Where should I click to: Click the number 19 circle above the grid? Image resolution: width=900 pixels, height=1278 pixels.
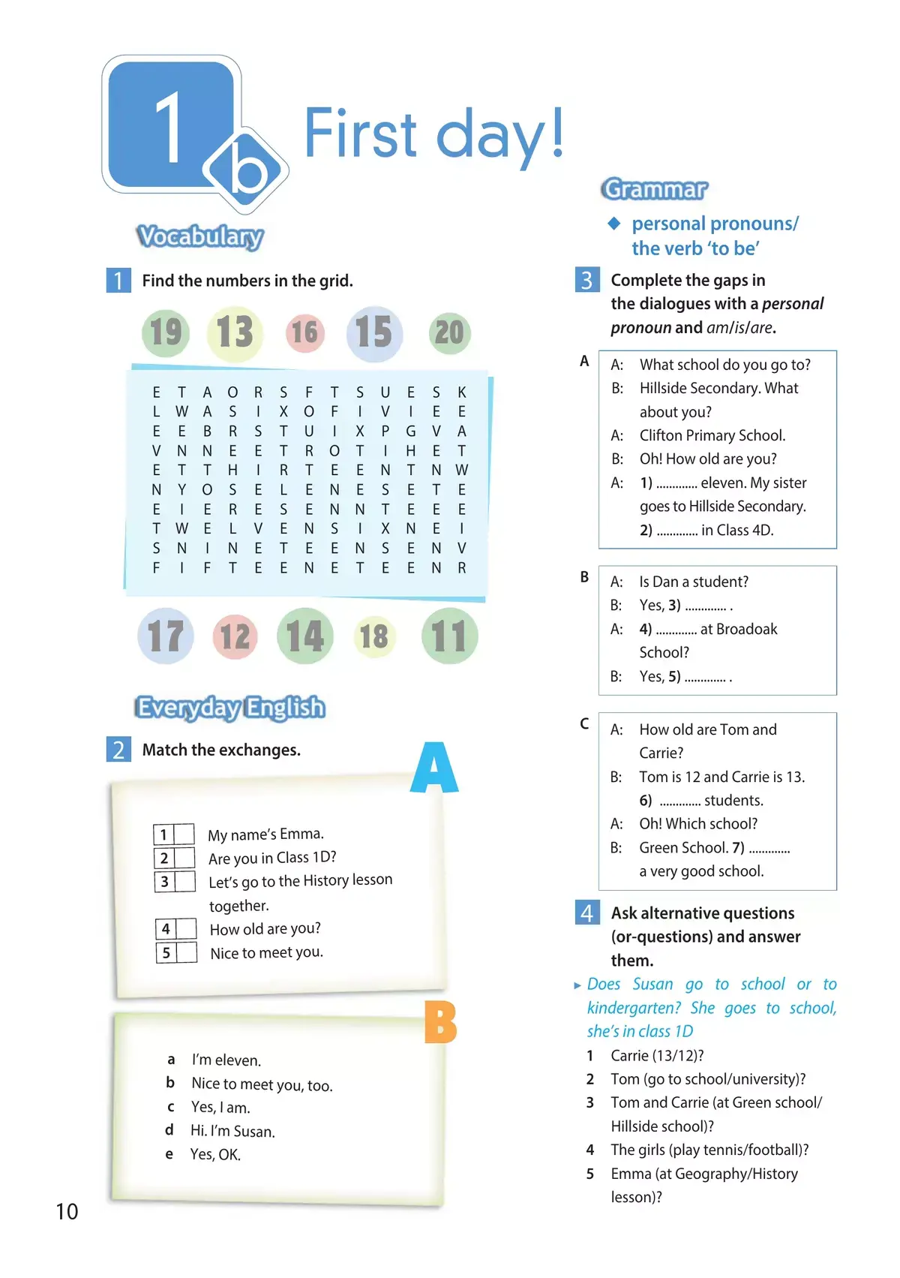tap(165, 332)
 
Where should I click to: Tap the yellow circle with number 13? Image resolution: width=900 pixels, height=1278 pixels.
tap(235, 332)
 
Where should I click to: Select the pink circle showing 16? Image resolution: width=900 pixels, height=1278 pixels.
tap(304, 332)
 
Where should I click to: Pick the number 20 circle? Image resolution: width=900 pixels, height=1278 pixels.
tap(449, 332)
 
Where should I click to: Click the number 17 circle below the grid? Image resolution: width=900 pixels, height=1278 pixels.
tap(166, 636)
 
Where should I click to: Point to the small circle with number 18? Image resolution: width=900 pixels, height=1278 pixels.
tap(373, 637)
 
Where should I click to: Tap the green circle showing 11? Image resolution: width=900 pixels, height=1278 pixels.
tap(449, 636)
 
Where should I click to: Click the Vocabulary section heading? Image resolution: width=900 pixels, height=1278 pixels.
tap(200, 236)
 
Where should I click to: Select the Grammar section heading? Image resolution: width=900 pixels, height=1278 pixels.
tap(654, 189)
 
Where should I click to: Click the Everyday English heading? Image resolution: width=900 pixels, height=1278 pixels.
tap(230, 708)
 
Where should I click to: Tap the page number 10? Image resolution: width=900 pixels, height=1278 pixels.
tap(67, 1211)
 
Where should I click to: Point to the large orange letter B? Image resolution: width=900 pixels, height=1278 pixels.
tap(440, 1022)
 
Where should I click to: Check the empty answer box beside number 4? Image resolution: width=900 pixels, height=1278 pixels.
tap(186, 929)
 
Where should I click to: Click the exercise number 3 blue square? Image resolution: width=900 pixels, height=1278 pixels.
tap(586, 280)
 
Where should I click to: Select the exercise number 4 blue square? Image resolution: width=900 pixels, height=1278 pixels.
tap(586, 913)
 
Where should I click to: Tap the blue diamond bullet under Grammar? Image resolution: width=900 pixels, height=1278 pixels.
tap(614, 223)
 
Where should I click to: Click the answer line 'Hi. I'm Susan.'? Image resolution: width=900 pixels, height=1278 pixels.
tap(232, 1131)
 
